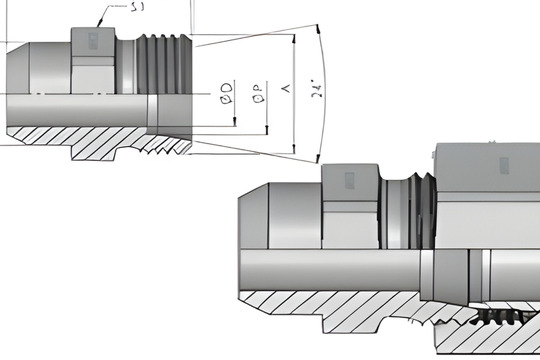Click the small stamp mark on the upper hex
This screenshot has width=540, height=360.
[x=93, y=39]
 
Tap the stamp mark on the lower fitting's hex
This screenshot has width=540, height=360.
[x=350, y=181]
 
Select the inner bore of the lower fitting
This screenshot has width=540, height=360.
[x=330, y=268]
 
